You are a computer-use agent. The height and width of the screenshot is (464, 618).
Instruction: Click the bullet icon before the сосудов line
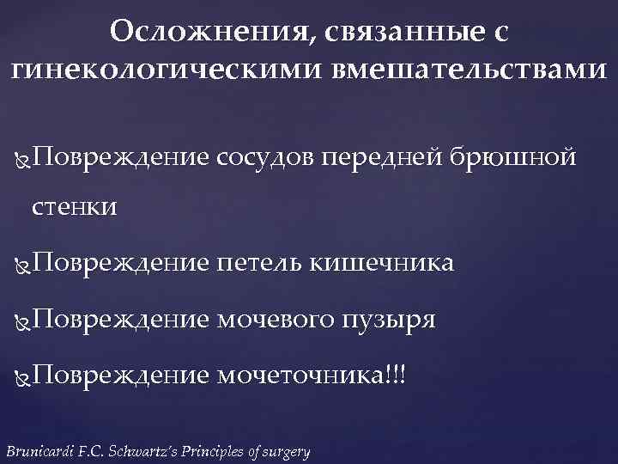click(x=22, y=159)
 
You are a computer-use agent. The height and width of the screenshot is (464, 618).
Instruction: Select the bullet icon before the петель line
click(x=22, y=264)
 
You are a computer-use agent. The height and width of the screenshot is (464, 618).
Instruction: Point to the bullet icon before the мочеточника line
click(x=22, y=376)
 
